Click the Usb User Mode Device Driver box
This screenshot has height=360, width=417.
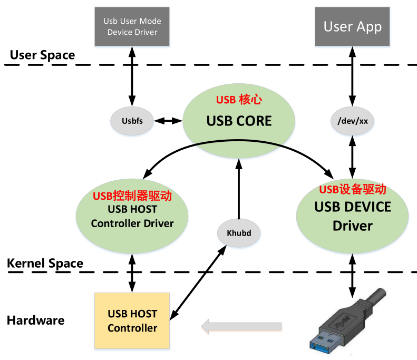coord(132,26)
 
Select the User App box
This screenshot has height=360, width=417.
coord(352,26)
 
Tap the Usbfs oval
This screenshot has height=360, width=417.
coord(130,121)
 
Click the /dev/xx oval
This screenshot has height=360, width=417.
coord(352,121)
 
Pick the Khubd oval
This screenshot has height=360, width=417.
coord(239,232)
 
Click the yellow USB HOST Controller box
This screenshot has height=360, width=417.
coord(132,320)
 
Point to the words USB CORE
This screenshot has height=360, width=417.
coord(239,121)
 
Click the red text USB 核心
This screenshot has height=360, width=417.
coord(239,100)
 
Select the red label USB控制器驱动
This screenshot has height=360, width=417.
coord(133,196)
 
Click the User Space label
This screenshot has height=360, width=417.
coord(43,55)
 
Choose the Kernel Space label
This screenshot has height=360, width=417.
coord(45,263)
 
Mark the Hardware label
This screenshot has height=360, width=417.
coord(35,320)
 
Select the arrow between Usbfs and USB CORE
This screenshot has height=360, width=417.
coord(166,121)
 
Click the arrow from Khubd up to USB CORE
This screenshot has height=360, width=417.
coord(239,190)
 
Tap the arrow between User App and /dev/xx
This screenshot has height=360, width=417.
coord(352,77)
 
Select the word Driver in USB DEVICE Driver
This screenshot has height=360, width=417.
coord(352,226)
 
